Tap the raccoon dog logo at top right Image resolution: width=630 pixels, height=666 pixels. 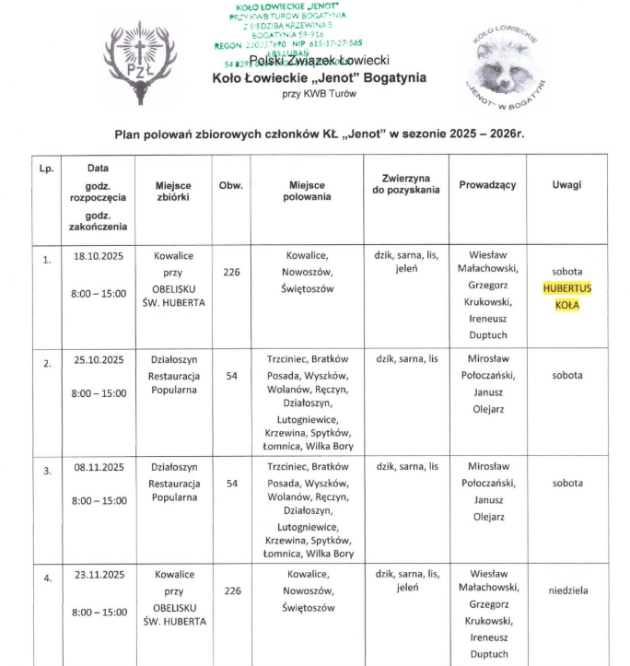506,64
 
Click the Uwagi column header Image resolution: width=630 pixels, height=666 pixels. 566,185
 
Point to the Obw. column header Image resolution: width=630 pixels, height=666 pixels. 231,185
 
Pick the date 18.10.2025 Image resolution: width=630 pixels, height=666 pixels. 99,255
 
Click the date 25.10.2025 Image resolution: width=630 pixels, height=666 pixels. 99,359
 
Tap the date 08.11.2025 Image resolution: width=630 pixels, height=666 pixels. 99,467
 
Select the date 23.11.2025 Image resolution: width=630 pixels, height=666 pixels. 99,575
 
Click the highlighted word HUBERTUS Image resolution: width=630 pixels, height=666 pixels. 566,288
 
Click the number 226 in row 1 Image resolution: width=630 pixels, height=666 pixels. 232,272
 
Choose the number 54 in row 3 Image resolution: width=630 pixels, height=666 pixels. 232,483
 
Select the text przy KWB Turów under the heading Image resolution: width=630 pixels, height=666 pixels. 319,95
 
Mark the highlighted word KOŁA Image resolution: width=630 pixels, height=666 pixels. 566,304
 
